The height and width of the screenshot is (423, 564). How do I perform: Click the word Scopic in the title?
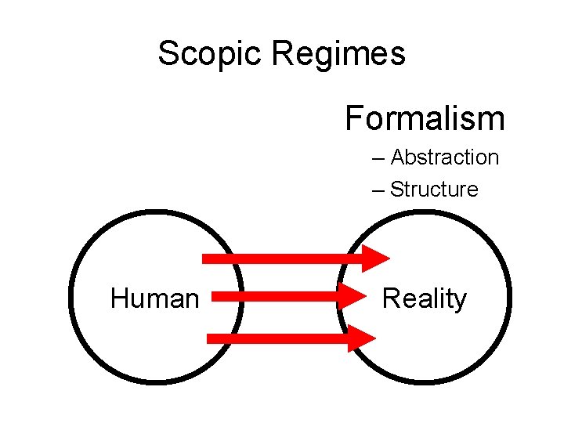tap(211, 53)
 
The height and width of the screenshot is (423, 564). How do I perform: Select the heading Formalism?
tap(425, 118)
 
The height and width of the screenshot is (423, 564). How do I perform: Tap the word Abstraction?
tap(444, 157)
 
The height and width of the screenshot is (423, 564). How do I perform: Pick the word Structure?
tap(434, 190)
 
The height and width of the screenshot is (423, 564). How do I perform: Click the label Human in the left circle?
tap(155, 298)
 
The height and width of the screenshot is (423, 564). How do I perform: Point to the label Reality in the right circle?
tap(424, 298)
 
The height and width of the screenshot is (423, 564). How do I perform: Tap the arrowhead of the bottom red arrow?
tap(363, 338)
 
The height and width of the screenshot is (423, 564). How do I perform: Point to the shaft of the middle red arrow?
tap(274, 297)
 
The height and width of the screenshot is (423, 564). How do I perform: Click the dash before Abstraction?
tap(380, 158)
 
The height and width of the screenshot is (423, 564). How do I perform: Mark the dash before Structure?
tap(380, 190)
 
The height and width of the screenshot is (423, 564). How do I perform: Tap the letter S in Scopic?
tap(168, 53)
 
